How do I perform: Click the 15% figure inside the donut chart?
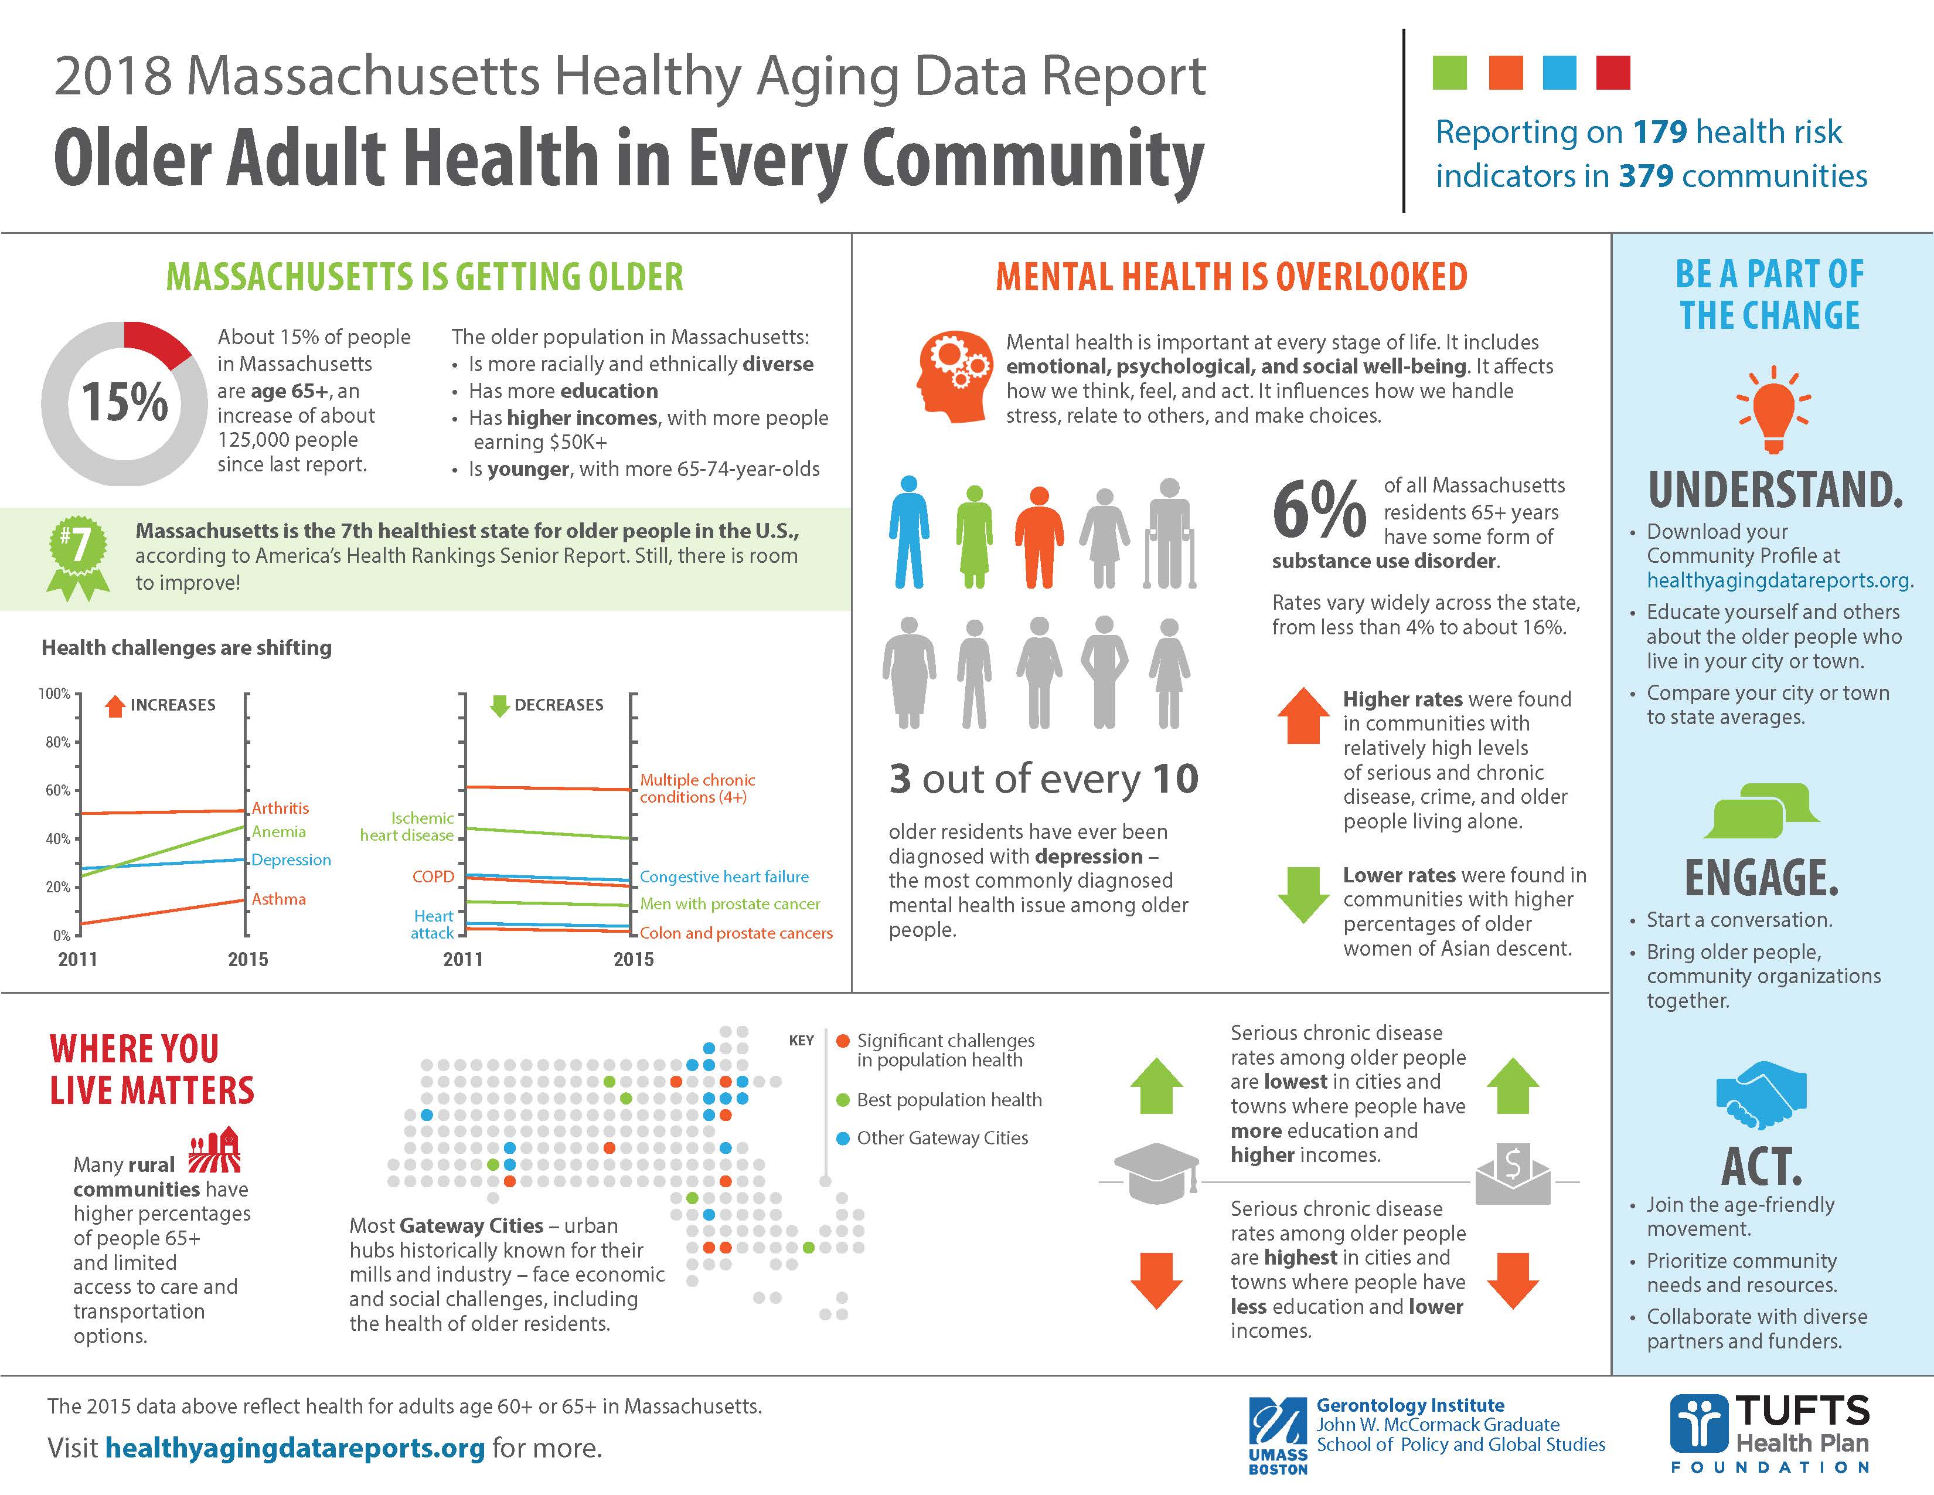pos(124,402)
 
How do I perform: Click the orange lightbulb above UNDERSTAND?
pos(1773,410)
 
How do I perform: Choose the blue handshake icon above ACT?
pos(1761,1096)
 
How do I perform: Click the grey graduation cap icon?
pos(1156,1174)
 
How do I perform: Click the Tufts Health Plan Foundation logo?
pos(1769,1433)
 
